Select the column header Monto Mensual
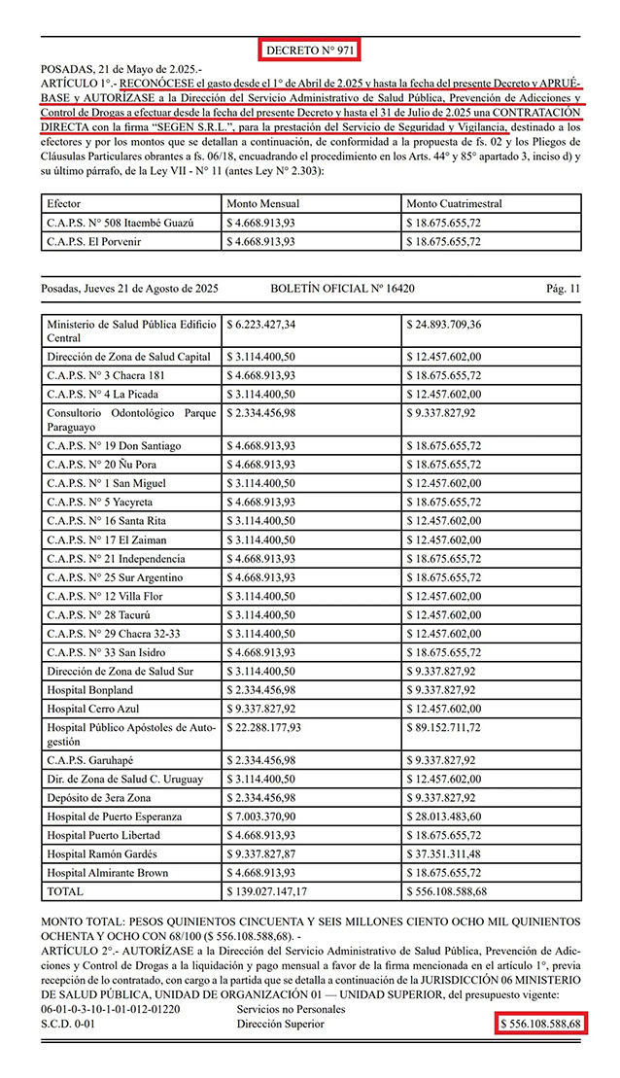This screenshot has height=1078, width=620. pos(263,204)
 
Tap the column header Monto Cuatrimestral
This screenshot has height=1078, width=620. pos(456,204)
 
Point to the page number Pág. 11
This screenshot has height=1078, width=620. pos(563,289)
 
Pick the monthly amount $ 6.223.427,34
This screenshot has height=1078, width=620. pos(263,324)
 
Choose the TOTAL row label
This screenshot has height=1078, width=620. pos(66,889)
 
